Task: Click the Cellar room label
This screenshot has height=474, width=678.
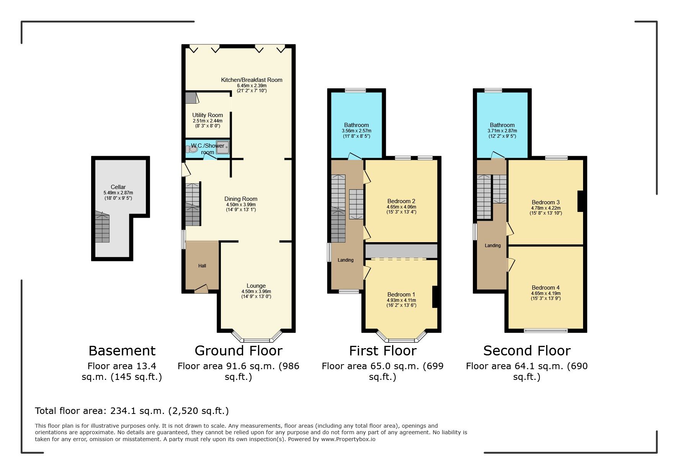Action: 118,187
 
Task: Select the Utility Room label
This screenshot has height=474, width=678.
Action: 207,115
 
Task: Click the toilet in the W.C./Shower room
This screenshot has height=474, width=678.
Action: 192,150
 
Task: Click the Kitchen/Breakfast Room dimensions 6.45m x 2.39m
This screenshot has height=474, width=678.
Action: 252,86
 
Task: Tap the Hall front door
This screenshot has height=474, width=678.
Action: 201,289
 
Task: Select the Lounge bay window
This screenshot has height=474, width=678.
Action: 256,339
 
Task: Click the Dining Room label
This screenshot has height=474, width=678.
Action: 241,199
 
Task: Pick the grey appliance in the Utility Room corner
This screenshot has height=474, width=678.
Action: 190,98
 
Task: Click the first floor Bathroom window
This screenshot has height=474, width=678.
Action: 355,91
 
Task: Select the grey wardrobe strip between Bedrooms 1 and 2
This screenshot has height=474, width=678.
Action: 401,251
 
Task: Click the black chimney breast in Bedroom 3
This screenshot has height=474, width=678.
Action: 580,201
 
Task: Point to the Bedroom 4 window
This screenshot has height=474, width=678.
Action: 546,330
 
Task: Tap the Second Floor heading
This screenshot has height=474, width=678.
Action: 527,350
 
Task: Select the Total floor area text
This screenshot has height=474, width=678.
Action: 132,411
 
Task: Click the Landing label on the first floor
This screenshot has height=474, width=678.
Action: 345,260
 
